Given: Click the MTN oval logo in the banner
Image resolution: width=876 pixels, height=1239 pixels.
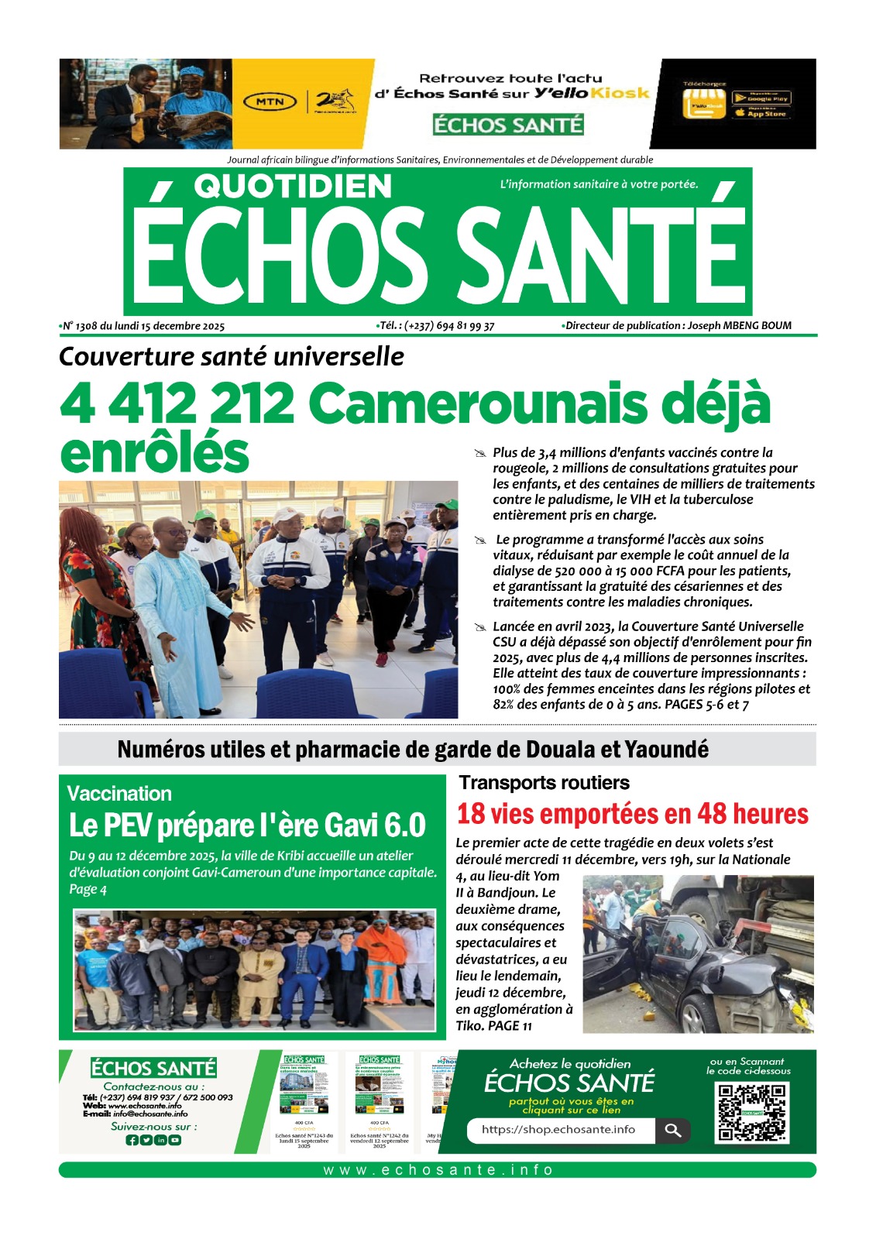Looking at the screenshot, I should point(270,101).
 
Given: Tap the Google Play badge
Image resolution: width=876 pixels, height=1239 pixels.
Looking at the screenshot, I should point(762,98).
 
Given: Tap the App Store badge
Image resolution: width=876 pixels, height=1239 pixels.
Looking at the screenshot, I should point(762,114).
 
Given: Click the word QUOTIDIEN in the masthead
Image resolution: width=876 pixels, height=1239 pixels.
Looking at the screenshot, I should point(293,187).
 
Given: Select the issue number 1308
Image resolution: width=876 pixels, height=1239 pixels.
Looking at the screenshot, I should point(87,326).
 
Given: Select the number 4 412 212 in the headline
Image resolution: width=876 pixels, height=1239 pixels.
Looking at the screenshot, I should point(177,403).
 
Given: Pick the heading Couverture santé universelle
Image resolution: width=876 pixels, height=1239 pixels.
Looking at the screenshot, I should point(231,356).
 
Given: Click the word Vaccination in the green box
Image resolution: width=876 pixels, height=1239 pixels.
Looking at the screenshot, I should point(119,794).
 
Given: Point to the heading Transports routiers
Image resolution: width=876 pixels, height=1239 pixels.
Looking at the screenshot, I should point(544,783).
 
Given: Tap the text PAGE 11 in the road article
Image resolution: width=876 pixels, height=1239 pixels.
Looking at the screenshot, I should point(510,1026).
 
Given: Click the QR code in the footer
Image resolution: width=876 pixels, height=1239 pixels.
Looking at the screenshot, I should point(751,1113).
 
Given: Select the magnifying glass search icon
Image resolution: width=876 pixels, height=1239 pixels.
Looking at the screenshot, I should point(672,1131).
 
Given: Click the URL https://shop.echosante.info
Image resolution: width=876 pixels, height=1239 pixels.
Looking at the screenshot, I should point(558,1130).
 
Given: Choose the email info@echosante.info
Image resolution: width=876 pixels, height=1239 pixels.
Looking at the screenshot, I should point(150,1114).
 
